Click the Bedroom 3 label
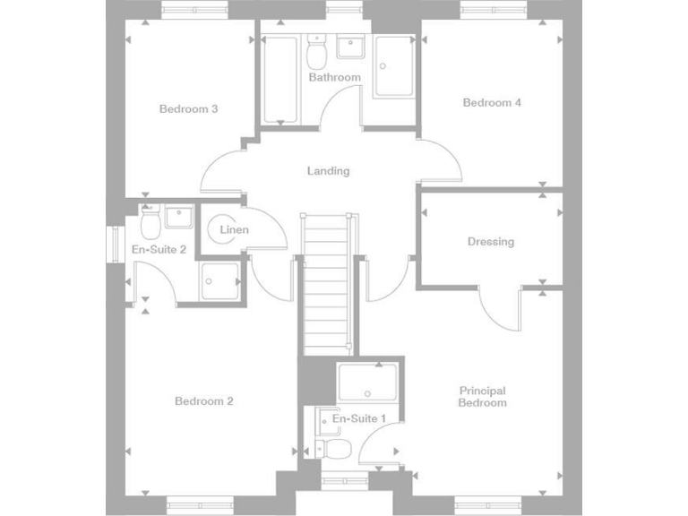[x=188, y=109]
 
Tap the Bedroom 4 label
[x=492, y=103]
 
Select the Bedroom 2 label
[x=203, y=401]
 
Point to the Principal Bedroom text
[x=482, y=397]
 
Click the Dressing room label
[x=490, y=242]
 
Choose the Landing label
[x=328, y=171]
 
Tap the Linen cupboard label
[x=234, y=230]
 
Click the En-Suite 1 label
[x=358, y=418]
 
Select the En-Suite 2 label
[x=159, y=249]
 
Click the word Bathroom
[x=334, y=78]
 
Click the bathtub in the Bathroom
[x=281, y=79]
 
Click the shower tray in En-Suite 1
[x=367, y=383]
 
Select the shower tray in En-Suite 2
[x=219, y=280]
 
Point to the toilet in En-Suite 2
[x=150, y=219]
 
